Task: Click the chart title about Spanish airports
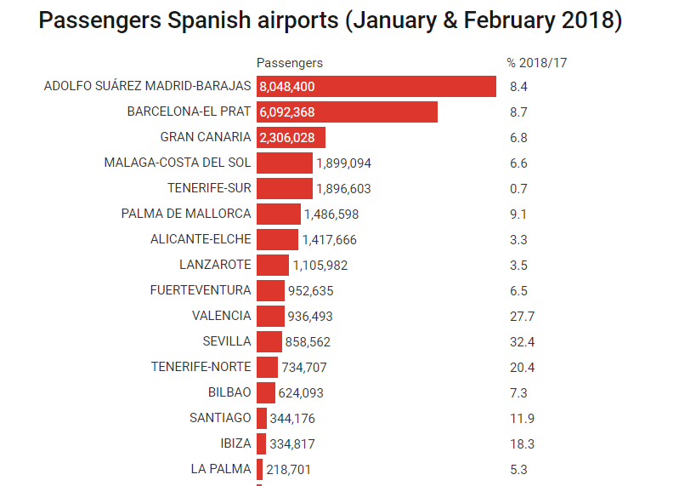331,20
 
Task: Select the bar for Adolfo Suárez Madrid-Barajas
376,87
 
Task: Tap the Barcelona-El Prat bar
347,112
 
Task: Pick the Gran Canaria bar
291,138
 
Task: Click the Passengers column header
289,63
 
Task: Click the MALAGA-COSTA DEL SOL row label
178,163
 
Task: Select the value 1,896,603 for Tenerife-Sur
343,189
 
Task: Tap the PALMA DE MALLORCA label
186,214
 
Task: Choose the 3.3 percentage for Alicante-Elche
518,240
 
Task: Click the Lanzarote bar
272,266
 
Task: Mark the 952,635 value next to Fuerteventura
310,291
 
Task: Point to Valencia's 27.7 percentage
522,317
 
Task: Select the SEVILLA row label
227,341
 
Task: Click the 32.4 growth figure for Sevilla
522,342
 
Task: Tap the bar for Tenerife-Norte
267,368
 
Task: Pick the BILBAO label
229,392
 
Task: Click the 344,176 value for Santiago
291,419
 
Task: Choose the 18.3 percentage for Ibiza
522,444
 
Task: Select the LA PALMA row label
221,469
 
